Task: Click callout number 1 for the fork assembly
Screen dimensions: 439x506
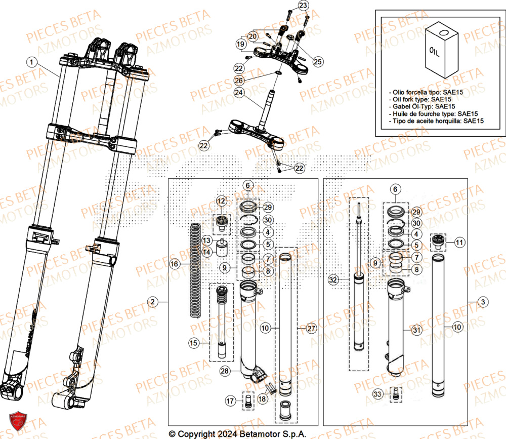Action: (32, 62)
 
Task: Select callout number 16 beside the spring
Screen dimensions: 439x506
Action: (174, 264)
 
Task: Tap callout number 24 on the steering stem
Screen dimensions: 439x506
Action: (239, 92)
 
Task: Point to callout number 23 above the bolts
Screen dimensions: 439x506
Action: (303, 6)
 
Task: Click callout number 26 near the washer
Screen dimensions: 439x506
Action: (239, 81)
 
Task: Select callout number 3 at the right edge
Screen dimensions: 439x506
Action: (484, 302)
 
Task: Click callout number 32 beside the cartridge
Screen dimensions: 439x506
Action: (332, 280)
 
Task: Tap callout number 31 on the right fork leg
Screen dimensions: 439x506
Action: (416, 330)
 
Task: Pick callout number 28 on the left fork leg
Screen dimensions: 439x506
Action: (225, 371)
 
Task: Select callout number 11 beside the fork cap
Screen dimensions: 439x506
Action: (458, 243)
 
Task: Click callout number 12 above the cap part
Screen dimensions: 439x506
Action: (221, 202)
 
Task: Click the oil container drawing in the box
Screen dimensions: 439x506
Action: (441, 48)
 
